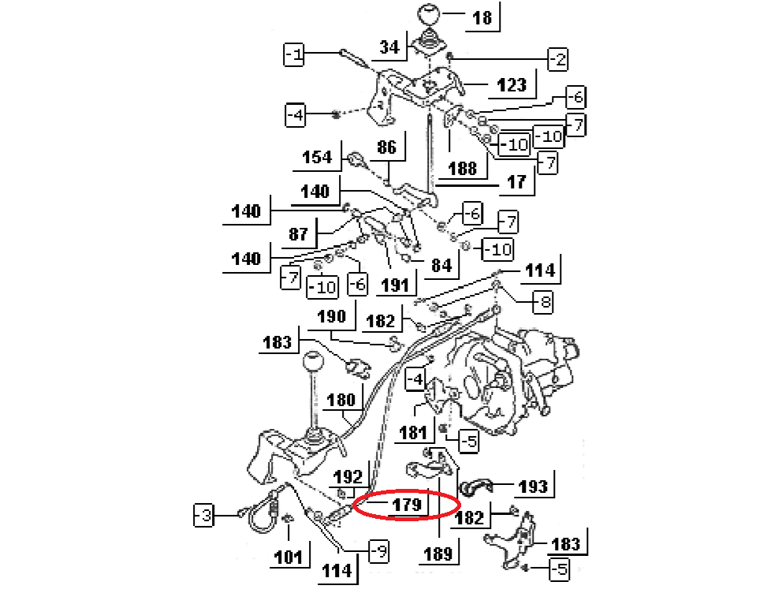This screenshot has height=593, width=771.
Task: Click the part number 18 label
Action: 482,17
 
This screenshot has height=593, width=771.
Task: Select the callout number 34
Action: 389,47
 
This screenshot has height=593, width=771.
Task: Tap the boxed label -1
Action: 294,54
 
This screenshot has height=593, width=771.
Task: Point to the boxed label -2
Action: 557,58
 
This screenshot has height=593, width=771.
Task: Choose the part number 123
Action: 512,84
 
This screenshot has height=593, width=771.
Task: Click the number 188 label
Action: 462,168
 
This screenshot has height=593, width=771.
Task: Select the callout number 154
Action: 318,157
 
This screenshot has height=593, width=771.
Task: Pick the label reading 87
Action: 298,234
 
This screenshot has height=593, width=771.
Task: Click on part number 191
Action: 392,285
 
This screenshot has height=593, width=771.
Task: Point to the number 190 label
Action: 332,317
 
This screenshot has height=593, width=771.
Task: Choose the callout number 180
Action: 341,400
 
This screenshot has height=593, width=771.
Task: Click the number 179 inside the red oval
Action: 407,504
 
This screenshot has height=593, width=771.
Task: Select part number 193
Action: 534,486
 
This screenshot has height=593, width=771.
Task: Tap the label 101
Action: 288,558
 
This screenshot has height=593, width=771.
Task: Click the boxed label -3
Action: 203,517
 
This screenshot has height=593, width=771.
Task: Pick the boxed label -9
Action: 379,553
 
